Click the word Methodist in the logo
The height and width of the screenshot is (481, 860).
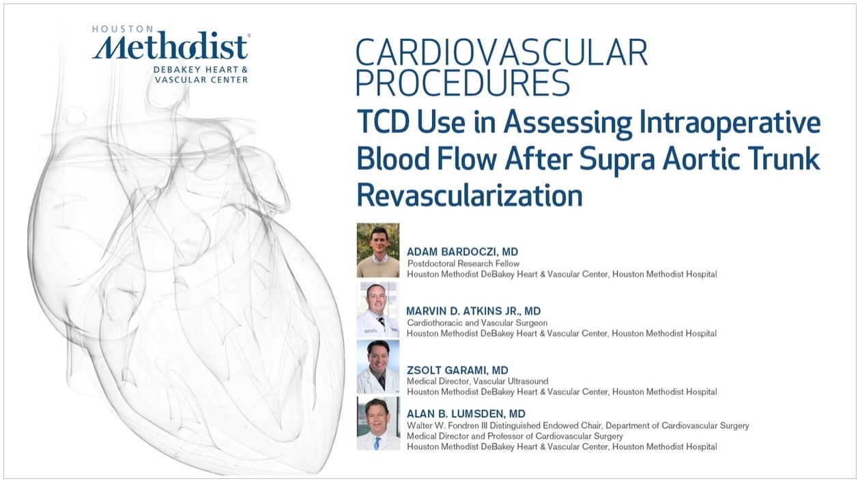tap(170, 46)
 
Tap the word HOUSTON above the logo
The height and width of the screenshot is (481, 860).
tap(123, 29)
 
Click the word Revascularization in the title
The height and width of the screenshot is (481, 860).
tap(470, 195)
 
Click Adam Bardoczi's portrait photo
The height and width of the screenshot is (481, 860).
tap(378, 250)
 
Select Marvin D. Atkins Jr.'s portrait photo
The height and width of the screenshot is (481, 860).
tap(378, 309)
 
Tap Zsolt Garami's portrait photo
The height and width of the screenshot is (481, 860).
tap(378, 366)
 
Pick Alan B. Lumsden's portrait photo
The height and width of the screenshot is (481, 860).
tap(378, 424)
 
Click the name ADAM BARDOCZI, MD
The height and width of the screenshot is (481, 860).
tap(462, 252)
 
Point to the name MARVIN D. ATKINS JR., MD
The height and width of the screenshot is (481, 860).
tap(474, 311)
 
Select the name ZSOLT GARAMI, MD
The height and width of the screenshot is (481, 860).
tap(457, 370)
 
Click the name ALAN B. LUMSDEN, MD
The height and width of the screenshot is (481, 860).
tap(466, 413)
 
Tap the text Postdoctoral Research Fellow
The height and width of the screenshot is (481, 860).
tap(463, 264)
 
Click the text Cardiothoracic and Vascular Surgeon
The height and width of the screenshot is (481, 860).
tap(477, 323)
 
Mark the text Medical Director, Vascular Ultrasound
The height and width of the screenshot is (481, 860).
tap(478, 381)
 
